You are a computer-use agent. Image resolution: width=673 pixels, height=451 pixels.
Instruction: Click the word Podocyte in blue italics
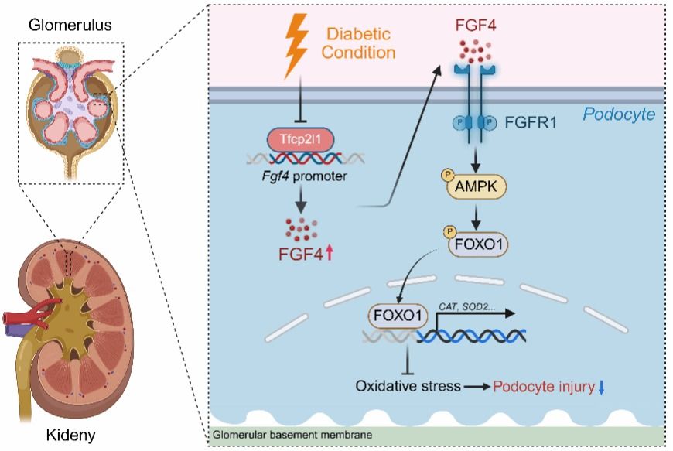click(619, 115)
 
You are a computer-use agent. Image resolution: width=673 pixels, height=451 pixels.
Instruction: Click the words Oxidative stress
click(408, 385)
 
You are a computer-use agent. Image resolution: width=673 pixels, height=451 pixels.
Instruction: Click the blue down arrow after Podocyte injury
click(600, 385)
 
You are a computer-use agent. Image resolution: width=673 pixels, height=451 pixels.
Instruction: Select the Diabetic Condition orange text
click(360, 43)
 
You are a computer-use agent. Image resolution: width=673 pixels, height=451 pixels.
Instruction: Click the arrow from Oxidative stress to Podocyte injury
click(477, 385)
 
